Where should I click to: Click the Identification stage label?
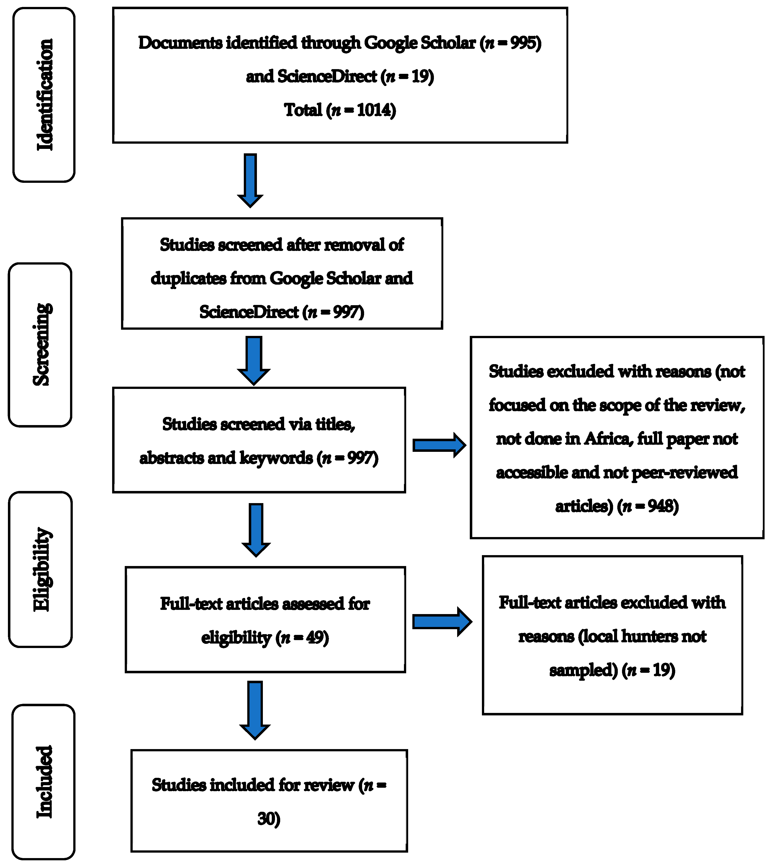coord(44,95)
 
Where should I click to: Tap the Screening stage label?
coord(41,345)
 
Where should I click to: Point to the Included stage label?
coord(44,782)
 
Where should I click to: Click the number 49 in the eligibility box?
coord(315,638)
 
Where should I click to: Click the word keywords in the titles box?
coord(276,458)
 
